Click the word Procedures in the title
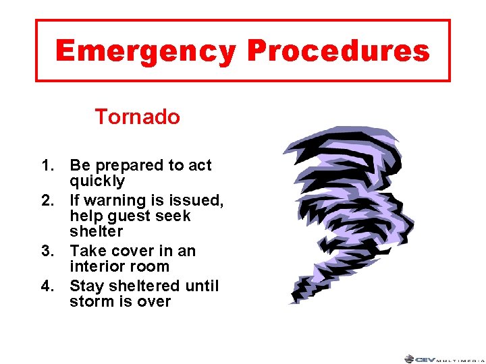pos(338,51)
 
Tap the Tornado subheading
pos(137,117)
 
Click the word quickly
pos(97,181)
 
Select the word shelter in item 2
pos(96,231)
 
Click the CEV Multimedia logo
pos(443,359)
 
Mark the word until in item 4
pos(203,286)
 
